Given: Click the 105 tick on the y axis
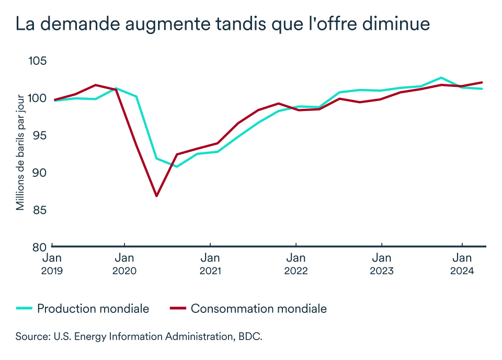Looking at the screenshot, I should pos(37,61).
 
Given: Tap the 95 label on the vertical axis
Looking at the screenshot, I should pos(38,136).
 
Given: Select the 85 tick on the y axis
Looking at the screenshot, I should pos(38,210).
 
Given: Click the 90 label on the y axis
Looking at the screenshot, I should pos(38,173).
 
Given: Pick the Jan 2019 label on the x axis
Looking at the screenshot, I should pos(53,264).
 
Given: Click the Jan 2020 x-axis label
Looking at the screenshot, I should pos(124,264).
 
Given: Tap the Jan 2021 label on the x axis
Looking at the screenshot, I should pos(210,264).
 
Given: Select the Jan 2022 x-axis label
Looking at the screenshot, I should pos(296,264).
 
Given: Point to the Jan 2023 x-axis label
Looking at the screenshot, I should pos(382,264).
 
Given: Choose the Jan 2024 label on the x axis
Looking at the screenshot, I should pos(462,264).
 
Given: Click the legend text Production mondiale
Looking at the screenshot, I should pos(93,309).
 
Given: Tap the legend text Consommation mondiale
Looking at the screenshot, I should pos(259,309).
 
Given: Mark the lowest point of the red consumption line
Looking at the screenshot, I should pos(156,196).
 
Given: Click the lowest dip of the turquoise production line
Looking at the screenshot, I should pos(177,166).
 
